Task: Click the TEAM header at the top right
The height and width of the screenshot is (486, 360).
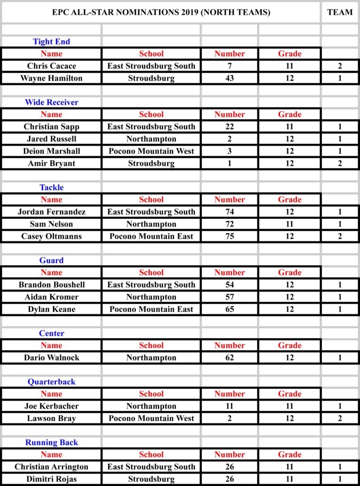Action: coord(340,12)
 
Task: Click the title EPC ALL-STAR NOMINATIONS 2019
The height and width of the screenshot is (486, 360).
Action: coord(161,12)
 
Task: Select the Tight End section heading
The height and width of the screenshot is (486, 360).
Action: coord(51,41)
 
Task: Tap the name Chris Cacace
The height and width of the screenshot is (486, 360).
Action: coord(51,66)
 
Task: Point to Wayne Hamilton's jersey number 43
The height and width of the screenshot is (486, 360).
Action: coord(230,78)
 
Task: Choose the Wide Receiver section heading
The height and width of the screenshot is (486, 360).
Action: coord(51,102)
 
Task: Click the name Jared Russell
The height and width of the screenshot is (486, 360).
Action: coord(51,139)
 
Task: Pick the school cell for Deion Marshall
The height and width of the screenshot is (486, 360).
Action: coord(151,151)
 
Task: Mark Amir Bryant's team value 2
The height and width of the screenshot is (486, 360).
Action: coord(340,163)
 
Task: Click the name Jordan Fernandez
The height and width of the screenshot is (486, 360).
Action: coord(51,212)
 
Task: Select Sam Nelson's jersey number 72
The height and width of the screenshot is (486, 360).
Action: coord(230,224)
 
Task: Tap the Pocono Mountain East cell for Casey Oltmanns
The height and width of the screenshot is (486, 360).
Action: coord(151,236)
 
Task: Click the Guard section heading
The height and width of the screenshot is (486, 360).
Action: coord(51,260)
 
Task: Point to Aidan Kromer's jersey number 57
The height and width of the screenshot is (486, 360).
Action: coord(230,297)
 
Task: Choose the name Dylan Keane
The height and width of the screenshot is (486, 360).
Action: coord(51,309)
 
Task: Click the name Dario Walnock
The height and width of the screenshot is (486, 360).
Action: coord(51,357)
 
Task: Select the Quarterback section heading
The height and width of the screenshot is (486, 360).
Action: coord(51,382)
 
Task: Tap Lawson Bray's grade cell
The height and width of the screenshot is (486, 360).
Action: coord(290,418)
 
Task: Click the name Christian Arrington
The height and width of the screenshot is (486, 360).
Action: coord(51,467)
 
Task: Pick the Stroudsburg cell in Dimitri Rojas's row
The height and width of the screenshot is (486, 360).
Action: coord(151,479)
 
